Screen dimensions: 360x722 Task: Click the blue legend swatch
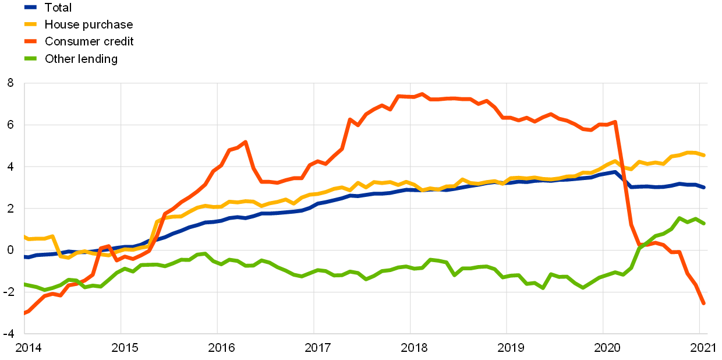tap(30, 7)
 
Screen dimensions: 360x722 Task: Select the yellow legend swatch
tap(30, 24)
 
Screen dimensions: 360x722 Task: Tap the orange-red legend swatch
tap(30, 41)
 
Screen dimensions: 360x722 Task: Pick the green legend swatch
tap(30, 58)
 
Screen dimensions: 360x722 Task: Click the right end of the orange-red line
tap(703, 303)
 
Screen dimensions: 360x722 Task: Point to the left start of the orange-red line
tap(25, 313)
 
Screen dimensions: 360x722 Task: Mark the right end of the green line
tap(704, 223)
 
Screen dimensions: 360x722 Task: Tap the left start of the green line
tap(25, 284)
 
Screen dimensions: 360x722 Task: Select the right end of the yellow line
tap(704, 155)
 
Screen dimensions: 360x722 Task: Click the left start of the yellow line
tap(25, 237)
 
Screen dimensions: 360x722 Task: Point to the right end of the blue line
tap(704, 187)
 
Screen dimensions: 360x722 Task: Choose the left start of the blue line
tap(25, 257)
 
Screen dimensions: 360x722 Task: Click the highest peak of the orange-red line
tap(422, 94)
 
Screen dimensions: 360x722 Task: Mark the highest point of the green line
tap(679, 218)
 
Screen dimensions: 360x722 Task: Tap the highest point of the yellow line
tap(690, 152)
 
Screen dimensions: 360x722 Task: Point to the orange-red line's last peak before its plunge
tap(615, 122)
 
